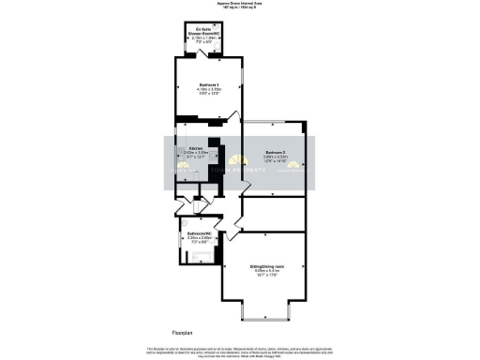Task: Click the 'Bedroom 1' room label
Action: point(196,83)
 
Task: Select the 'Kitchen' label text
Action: point(195,148)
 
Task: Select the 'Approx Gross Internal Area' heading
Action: point(240,4)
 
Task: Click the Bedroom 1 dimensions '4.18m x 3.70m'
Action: point(197,89)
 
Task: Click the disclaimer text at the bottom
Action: point(240,352)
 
